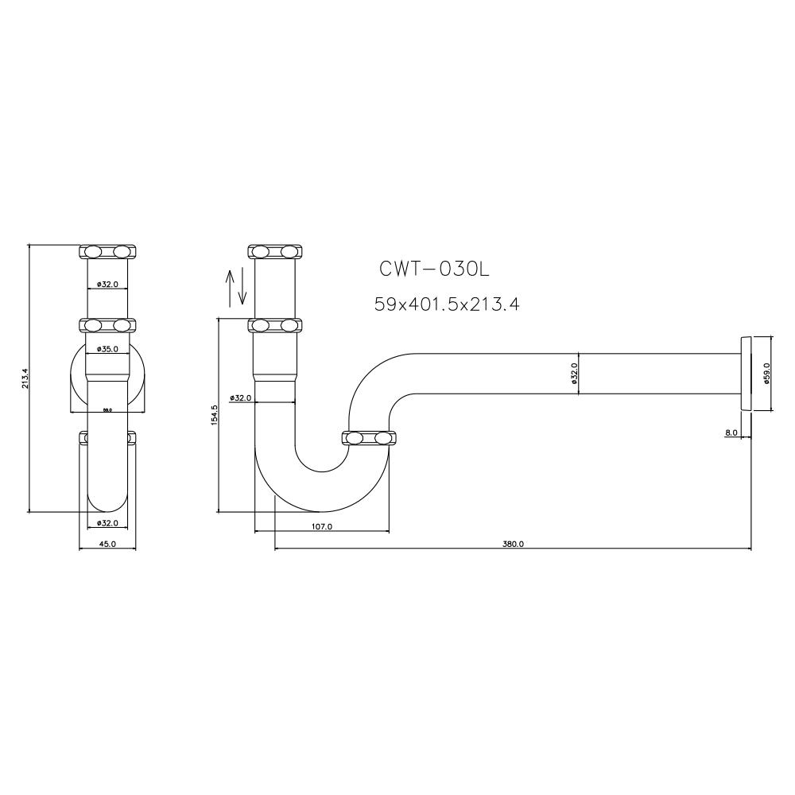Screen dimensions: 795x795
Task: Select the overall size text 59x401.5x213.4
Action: [447, 304]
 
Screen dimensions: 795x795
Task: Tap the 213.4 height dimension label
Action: [25, 378]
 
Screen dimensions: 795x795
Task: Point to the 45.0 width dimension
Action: [107, 545]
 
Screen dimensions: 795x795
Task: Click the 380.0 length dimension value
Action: [513, 545]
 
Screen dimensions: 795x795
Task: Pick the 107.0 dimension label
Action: [322, 526]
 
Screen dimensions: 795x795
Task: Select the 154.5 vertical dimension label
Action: [214, 416]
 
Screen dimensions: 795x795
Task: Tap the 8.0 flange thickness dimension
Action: [731, 433]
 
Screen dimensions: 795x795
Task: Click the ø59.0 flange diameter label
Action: [766, 373]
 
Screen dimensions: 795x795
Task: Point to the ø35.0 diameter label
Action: [107, 349]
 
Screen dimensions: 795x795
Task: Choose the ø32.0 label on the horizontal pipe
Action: [574, 373]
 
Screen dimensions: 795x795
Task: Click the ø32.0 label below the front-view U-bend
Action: [107, 522]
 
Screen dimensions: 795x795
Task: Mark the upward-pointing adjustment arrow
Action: [231, 287]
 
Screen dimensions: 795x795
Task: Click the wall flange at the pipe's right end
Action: [744, 373]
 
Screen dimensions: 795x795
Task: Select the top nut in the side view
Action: [276, 252]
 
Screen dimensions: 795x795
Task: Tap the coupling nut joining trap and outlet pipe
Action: [370, 438]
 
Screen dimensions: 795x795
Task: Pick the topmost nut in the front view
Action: [107, 252]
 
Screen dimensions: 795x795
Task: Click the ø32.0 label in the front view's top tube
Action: [107, 284]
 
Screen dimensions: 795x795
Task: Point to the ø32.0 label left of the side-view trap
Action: [240, 397]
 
